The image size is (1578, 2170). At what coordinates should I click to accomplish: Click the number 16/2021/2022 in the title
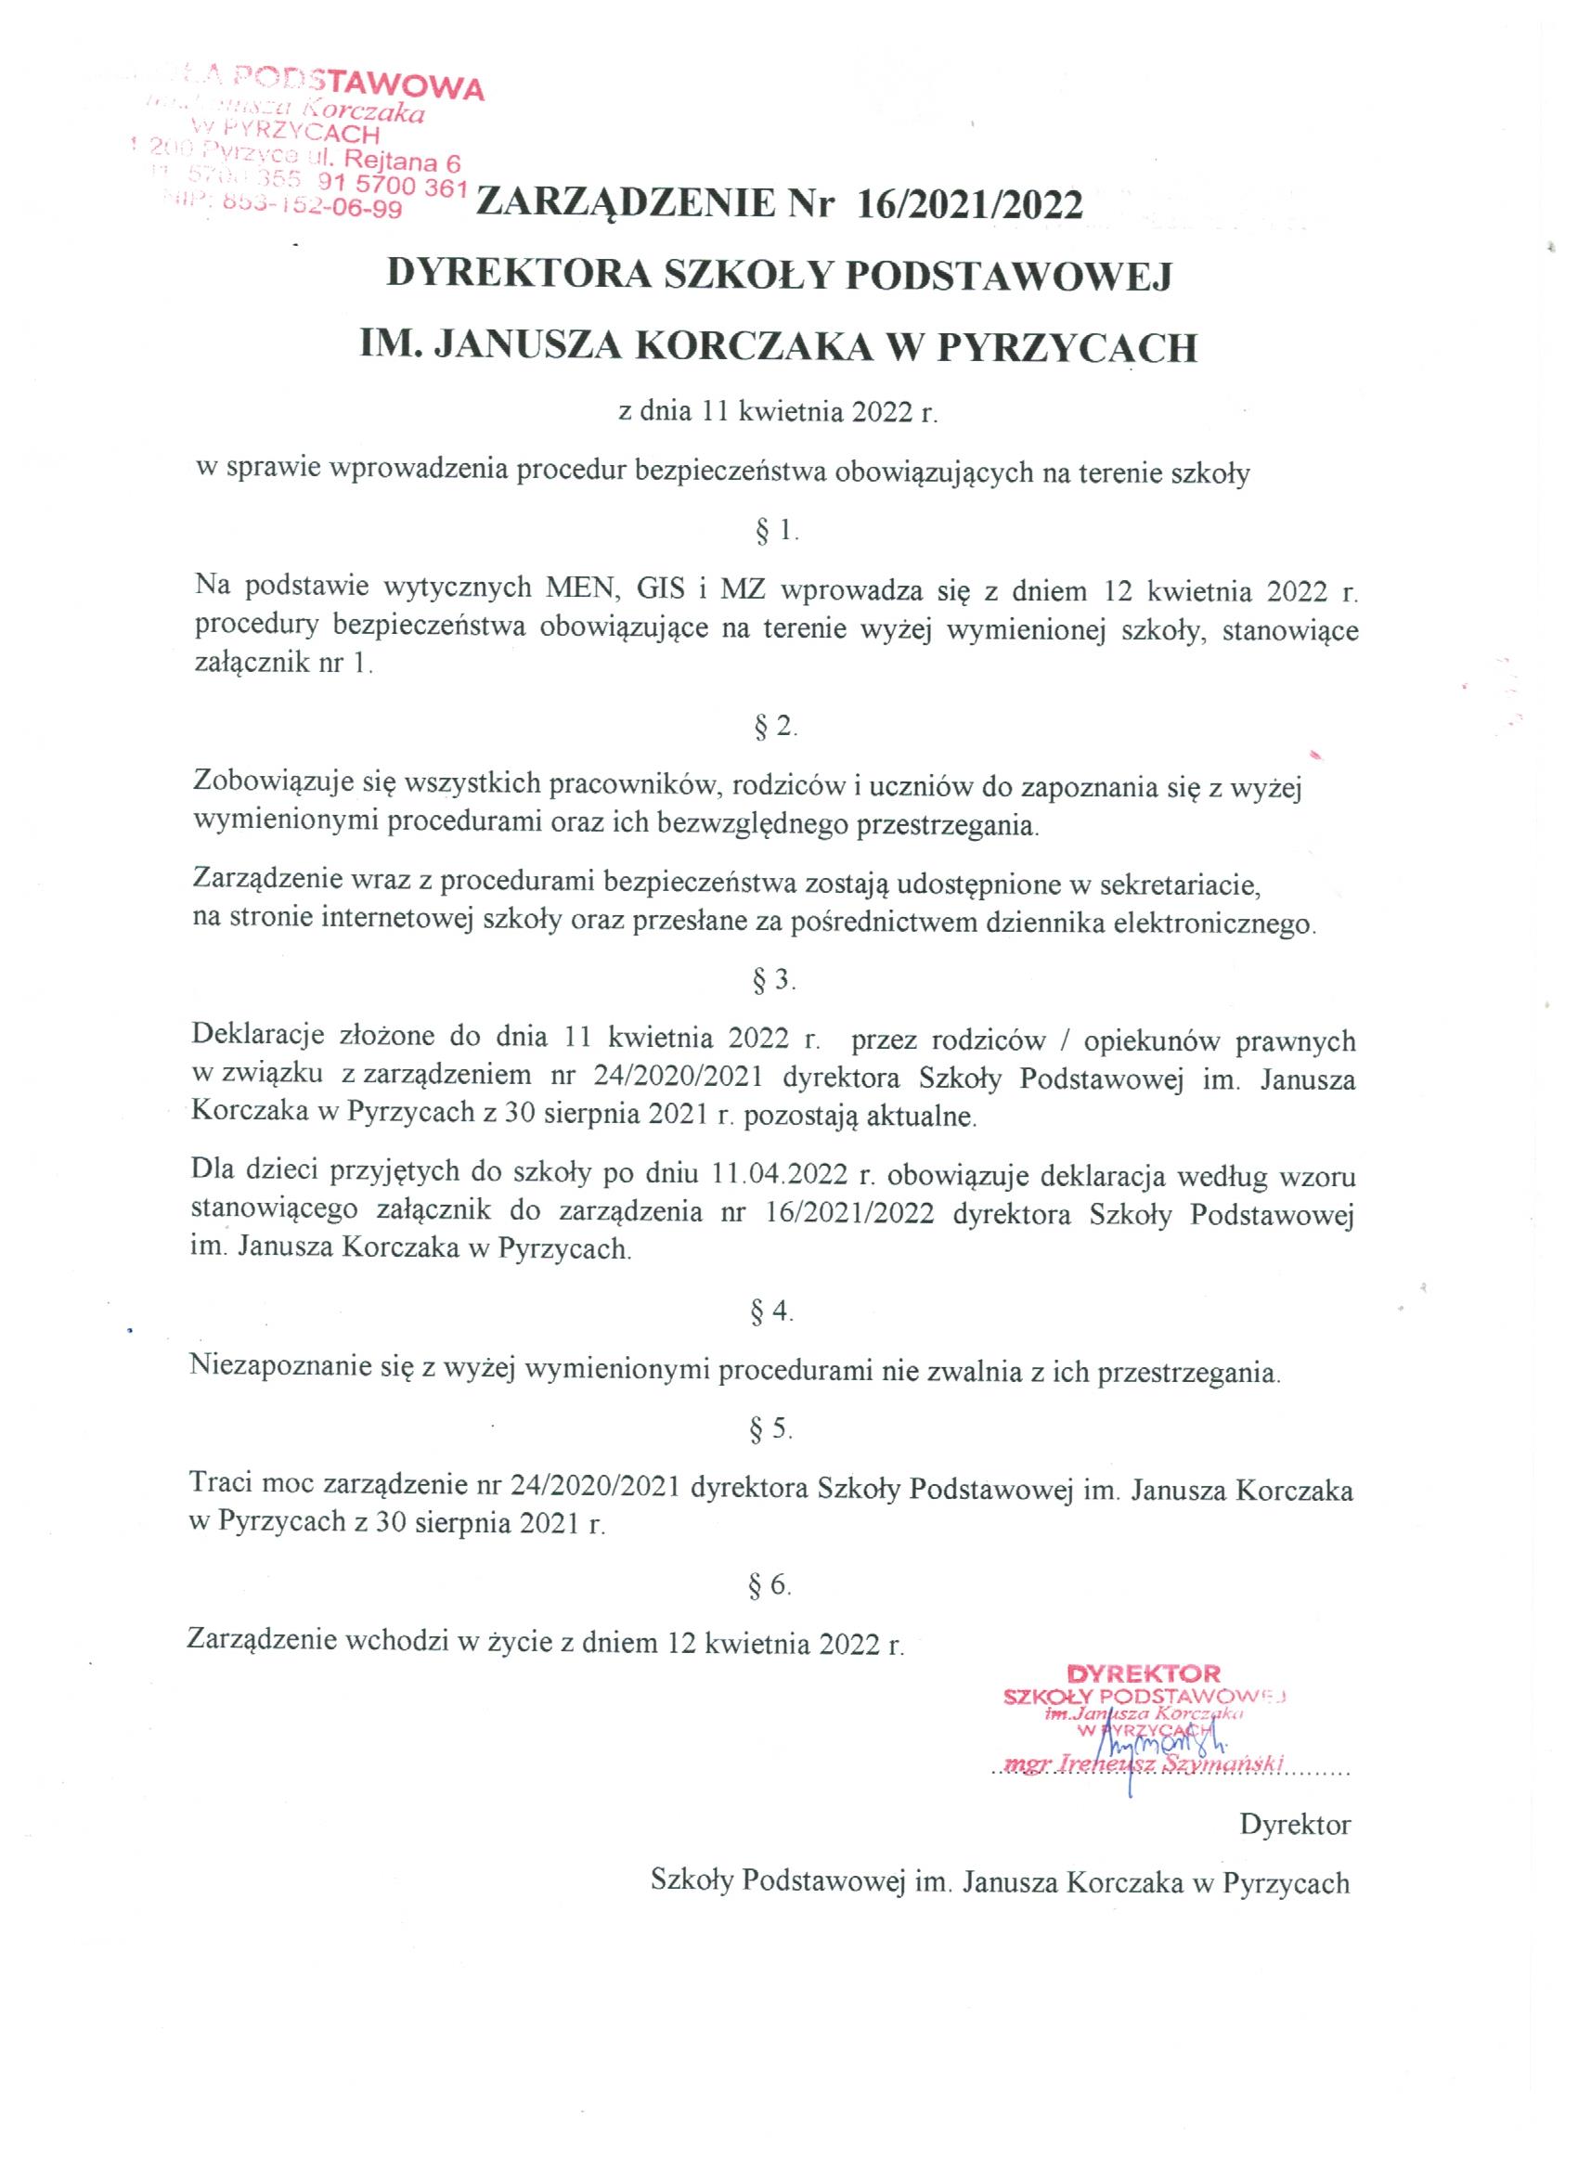coord(969,205)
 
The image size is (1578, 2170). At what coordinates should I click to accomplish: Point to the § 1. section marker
coord(776,531)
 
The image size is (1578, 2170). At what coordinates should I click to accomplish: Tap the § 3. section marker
coord(775,980)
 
